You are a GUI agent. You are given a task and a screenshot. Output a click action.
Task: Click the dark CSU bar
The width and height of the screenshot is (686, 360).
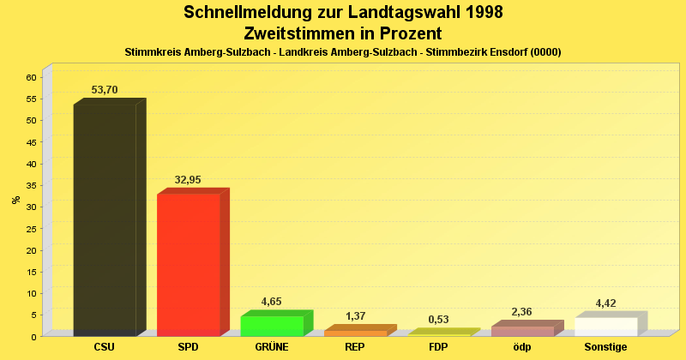point(105,219)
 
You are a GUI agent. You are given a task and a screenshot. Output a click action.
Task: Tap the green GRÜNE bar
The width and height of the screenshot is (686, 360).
point(272,326)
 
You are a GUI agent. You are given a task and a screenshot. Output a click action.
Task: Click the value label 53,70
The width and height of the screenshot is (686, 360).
point(105,90)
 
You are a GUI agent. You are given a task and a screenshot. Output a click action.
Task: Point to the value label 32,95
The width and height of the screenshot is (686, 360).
point(188,180)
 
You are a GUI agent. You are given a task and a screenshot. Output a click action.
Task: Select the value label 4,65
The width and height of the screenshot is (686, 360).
point(271,302)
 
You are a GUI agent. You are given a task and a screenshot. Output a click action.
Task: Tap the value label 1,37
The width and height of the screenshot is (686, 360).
point(355,316)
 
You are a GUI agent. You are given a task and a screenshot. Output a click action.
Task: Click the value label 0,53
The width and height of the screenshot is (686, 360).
point(438,320)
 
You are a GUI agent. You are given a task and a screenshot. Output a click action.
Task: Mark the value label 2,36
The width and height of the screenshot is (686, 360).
point(522,312)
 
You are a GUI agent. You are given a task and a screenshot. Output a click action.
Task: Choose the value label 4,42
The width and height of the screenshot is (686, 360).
point(606,303)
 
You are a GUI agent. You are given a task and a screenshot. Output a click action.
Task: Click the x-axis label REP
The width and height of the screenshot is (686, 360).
point(355,347)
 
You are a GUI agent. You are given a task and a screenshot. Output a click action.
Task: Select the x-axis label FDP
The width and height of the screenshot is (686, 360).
point(438,347)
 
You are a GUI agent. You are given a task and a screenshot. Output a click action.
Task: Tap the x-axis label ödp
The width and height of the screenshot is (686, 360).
point(522,347)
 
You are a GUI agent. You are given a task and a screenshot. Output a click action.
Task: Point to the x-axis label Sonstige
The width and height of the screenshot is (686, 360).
point(606,347)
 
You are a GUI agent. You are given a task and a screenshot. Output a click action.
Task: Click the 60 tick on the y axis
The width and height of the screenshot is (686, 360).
point(31,77)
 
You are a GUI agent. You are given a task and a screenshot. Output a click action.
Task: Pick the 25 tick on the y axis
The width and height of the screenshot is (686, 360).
point(31,228)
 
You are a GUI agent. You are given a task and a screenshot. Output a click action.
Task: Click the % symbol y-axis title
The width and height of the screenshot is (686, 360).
point(15,201)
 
